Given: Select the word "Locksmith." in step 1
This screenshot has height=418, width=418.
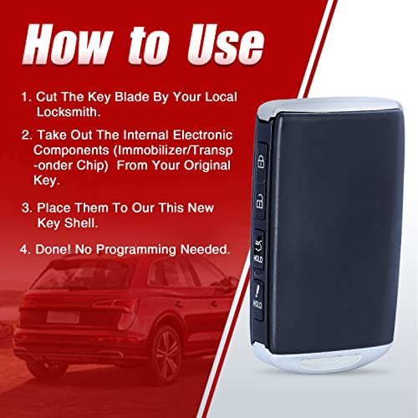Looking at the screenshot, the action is click(69, 112).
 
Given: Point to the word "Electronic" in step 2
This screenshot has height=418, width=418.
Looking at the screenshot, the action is click(202, 135).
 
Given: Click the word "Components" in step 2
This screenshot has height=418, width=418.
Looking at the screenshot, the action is click(71, 151).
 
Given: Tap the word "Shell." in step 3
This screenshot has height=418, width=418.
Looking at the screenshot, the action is click(81, 223).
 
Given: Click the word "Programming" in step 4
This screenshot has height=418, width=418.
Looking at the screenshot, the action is click(136, 250).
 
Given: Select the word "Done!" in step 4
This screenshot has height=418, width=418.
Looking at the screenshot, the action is click(53, 249).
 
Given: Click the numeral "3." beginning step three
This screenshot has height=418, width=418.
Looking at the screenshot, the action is click(28, 208).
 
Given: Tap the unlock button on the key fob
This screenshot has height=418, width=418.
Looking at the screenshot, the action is click(260, 201).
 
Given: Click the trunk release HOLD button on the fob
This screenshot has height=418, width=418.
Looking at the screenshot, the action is click(258, 250).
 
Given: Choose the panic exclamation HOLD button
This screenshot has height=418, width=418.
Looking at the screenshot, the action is click(257, 298).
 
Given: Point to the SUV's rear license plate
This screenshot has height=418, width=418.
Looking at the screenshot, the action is click(64, 317).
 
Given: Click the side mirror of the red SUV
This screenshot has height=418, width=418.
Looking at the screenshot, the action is click(232, 282).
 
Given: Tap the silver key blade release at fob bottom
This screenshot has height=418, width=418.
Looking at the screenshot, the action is click(331, 361).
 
